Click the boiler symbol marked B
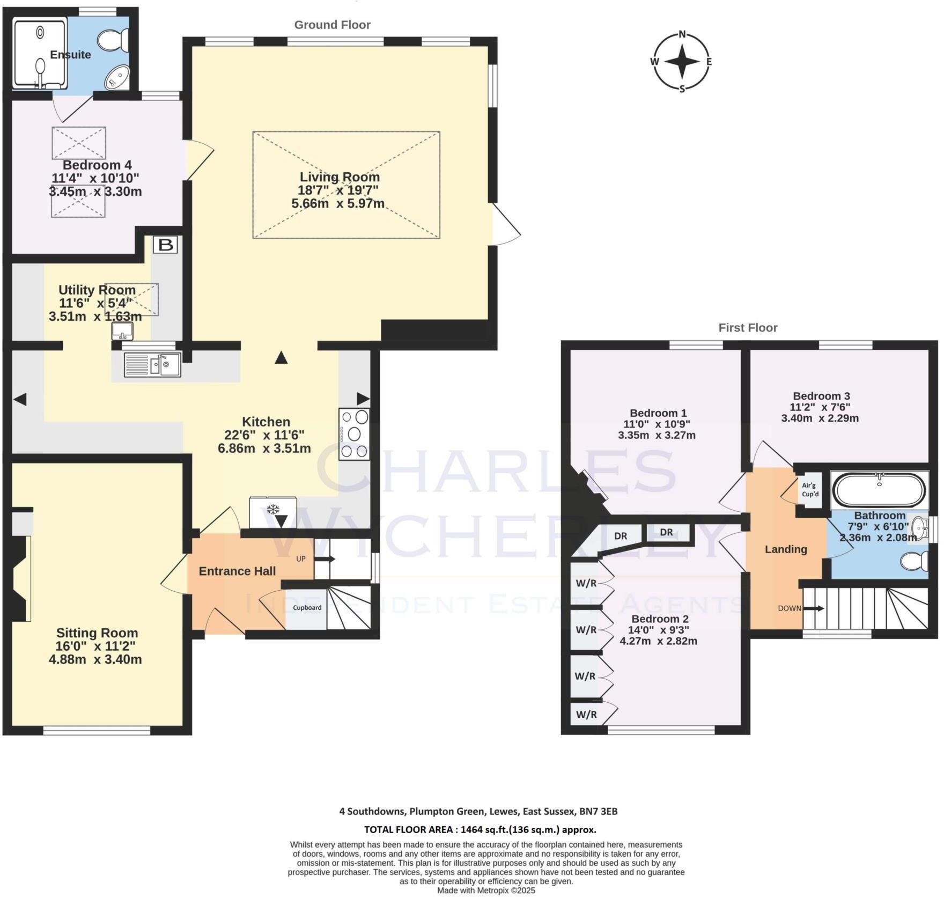pyautogui.click(x=165, y=245)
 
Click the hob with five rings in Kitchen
pyautogui.click(x=354, y=434)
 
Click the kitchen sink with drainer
pyautogui.click(x=152, y=365)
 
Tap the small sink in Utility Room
pyautogui.click(x=122, y=331)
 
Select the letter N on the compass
pyautogui.click(x=682, y=34)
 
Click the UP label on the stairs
pyautogui.click(x=301, y=559)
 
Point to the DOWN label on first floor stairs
pyautogui.click(x=790, y=608)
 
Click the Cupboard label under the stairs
pyautogui.click(x=307, y=608)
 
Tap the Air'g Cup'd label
pyautogui.click(x=810, y=489)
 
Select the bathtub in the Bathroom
pyautogui.click(x=878, y=489)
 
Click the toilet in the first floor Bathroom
pyautogui.click(x=915, y=561)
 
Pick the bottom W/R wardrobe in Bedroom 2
pyautogui.click(x=586, y=715)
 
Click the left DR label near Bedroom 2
pyautogui.click(x=621, y=536)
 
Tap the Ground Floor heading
pyautogui.click(x=332, y=25)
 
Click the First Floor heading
pyautogui.click(x=748, y=328)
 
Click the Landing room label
pyautogui.click(x=786, y=549)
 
